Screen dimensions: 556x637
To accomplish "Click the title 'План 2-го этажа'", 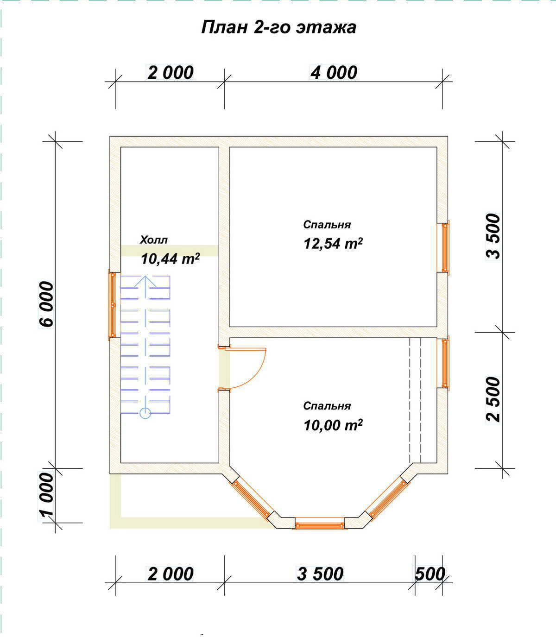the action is coord(278,27).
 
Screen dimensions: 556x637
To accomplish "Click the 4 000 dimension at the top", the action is coord(334,73).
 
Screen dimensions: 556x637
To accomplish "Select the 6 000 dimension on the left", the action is coord(46,304).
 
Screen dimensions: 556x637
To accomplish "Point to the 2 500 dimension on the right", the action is coord(493,399).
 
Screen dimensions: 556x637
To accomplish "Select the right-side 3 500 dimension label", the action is coord(493,236).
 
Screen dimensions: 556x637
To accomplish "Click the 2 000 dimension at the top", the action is coord(171,73).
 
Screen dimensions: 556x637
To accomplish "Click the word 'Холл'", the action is coord(154,240).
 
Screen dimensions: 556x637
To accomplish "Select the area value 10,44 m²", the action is coord(171,259).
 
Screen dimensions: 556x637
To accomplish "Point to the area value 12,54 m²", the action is coord(333,244).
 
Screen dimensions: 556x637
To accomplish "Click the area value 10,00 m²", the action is coord(333,425).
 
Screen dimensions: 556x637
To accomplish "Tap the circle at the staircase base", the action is coord(145,413).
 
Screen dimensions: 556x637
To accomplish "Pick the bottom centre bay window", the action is coord(320,526).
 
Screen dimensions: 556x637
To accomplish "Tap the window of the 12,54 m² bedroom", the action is coord(445,247).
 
